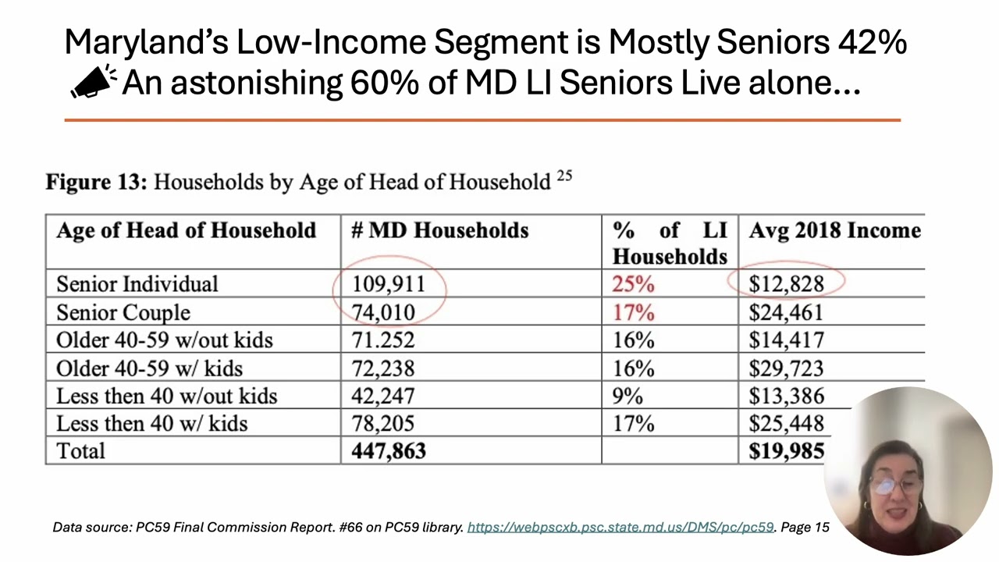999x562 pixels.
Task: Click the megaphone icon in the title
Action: tap(93, 82)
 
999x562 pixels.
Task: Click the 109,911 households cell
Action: tap(389, 283)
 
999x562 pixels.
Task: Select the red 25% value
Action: tap(633, 283)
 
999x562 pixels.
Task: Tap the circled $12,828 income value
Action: tap(786, 283)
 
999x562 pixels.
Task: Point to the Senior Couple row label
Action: tap(123, 312)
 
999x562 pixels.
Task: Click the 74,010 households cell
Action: tap(383, 312)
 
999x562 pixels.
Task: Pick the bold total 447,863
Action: tap(389, 450)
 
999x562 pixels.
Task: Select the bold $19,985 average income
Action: tap(786, 450)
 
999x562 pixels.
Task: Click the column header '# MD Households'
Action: tap(439, 231)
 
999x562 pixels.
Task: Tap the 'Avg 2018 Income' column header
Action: tap(834, 231)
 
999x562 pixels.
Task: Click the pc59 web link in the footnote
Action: tap(620, 528)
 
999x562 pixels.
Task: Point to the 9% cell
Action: tap(627, 396)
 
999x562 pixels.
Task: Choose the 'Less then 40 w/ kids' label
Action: tap(151, 423)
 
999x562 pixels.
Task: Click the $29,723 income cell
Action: tap(786, 368)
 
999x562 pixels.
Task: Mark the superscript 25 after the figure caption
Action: tap(564, 176)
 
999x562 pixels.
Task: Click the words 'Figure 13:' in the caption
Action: tap(96, 183)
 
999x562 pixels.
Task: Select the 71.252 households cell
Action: tap(383, 340)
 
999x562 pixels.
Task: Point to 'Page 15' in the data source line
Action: tap(805, 528)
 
